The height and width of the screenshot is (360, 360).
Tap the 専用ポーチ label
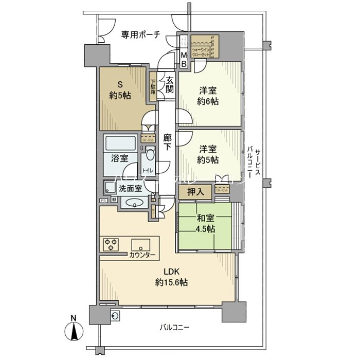[140, 34]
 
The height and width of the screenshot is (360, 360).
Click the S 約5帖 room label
[120, 89]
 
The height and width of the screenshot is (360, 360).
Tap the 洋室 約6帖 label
[209, 96]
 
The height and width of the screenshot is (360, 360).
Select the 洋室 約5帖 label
[209, 154]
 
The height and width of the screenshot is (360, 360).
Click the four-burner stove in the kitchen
[111, 244]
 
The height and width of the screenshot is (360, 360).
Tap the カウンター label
[142, 255]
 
